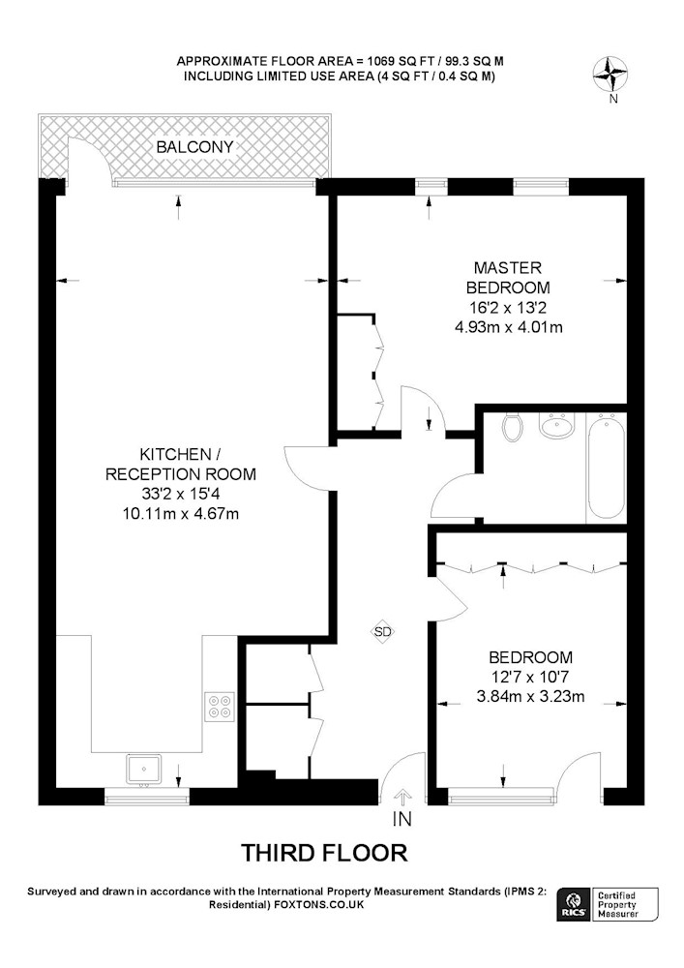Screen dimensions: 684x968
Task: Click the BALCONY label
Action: click(x=194, y=147)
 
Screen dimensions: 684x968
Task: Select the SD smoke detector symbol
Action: click(x=382, y=631)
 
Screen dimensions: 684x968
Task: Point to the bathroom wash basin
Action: click(x=557, y=425)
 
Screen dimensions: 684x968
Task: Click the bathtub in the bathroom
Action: click(x=606, y=467)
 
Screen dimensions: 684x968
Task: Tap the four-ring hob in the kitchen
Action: click(x=221, y=707)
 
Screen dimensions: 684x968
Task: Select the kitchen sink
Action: click(x=144, y=770)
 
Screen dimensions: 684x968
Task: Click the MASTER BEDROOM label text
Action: click(x=508, y=278)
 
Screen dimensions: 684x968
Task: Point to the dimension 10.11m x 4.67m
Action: click(x=181, y=513)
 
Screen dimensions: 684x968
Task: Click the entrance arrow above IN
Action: click(x=402, y=798)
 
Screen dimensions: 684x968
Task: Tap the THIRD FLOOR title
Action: click(x=324, y=853)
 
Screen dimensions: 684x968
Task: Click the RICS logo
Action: click(x=572, y=905)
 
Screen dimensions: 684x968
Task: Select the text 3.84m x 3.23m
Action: click(x=530, y=697)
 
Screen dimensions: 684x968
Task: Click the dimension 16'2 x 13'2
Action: click(x=508, y=308)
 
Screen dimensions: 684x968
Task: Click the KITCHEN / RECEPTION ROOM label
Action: click(x=181, y=465)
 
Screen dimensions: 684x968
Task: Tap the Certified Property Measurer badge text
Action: click(x=618, y=905)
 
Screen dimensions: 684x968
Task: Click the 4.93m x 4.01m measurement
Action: click(x=508, y=327)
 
